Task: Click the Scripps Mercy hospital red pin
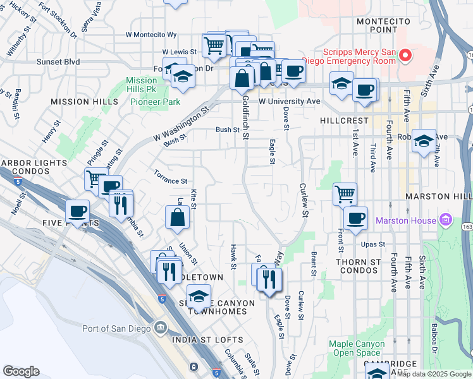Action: click(x=405, y=56)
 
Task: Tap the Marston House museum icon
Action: click(x=446, y=220)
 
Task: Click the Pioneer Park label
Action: click(x=161, y=102)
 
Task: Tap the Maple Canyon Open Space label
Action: click(x=357, y=349)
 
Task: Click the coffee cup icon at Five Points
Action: click(x=77, y=211)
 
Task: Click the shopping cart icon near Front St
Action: click(x=345, y=194)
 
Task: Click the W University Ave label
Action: click(x=289, y=101)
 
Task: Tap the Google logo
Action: click(x=21, y=371)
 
